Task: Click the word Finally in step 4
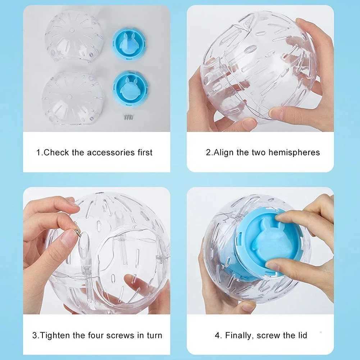pos(239,336)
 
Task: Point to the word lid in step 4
pos(302,336)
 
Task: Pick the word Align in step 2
pos(224,152)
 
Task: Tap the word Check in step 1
pos(56,152)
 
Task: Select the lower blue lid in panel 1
pos(130,88)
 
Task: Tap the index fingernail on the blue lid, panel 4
pos(283,217)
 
